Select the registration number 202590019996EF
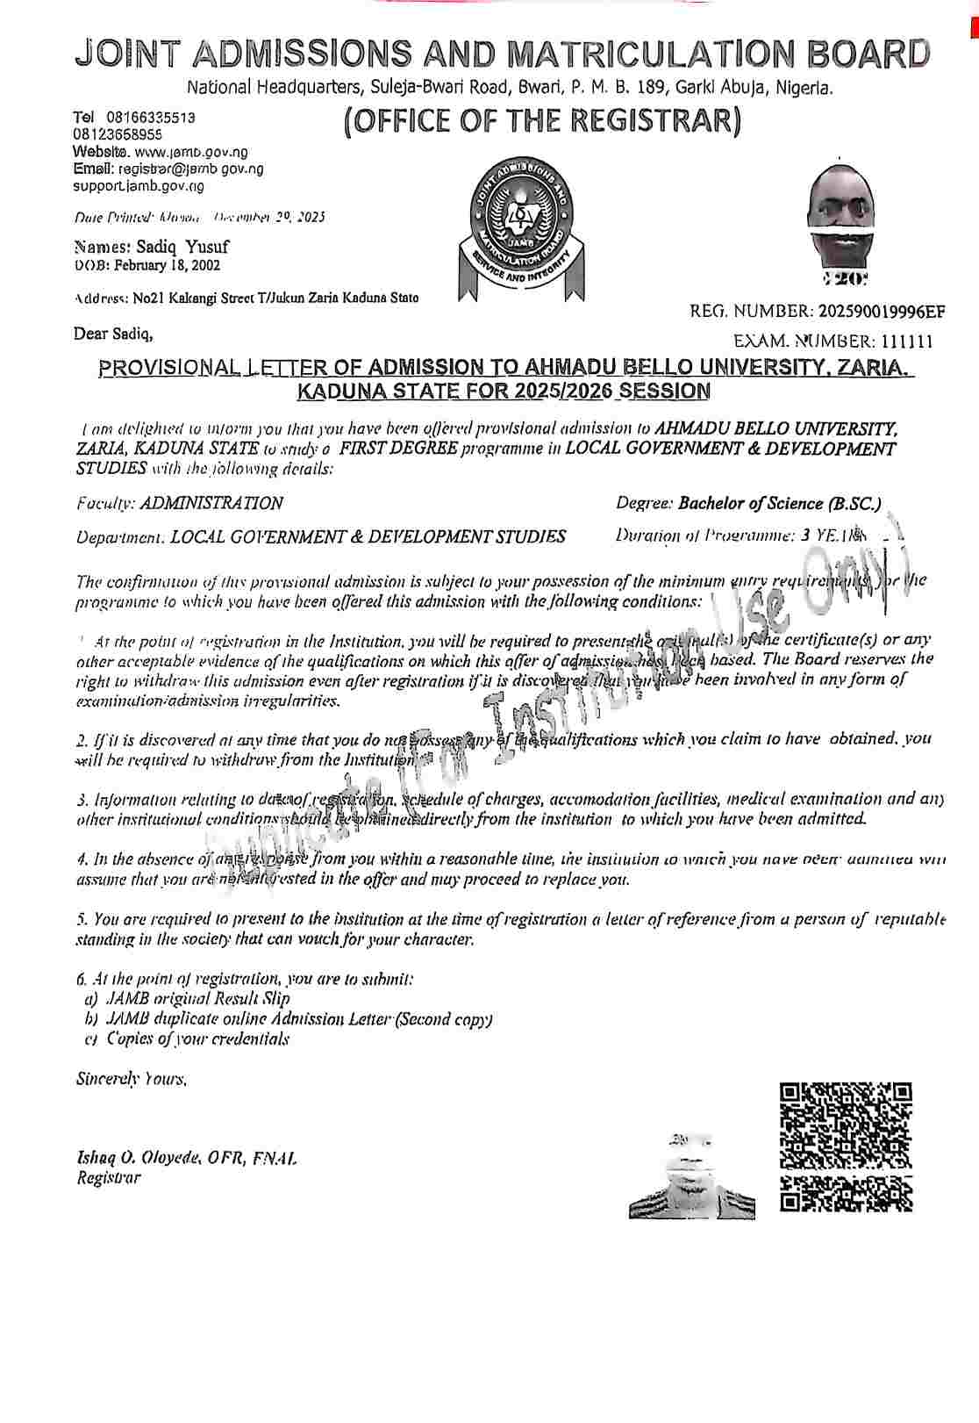[x=882, y=311]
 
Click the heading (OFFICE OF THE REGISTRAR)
[x=543, y=121]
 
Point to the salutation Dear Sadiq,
[x=114, y=334]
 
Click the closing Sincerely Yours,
[x=132, y=1078]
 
